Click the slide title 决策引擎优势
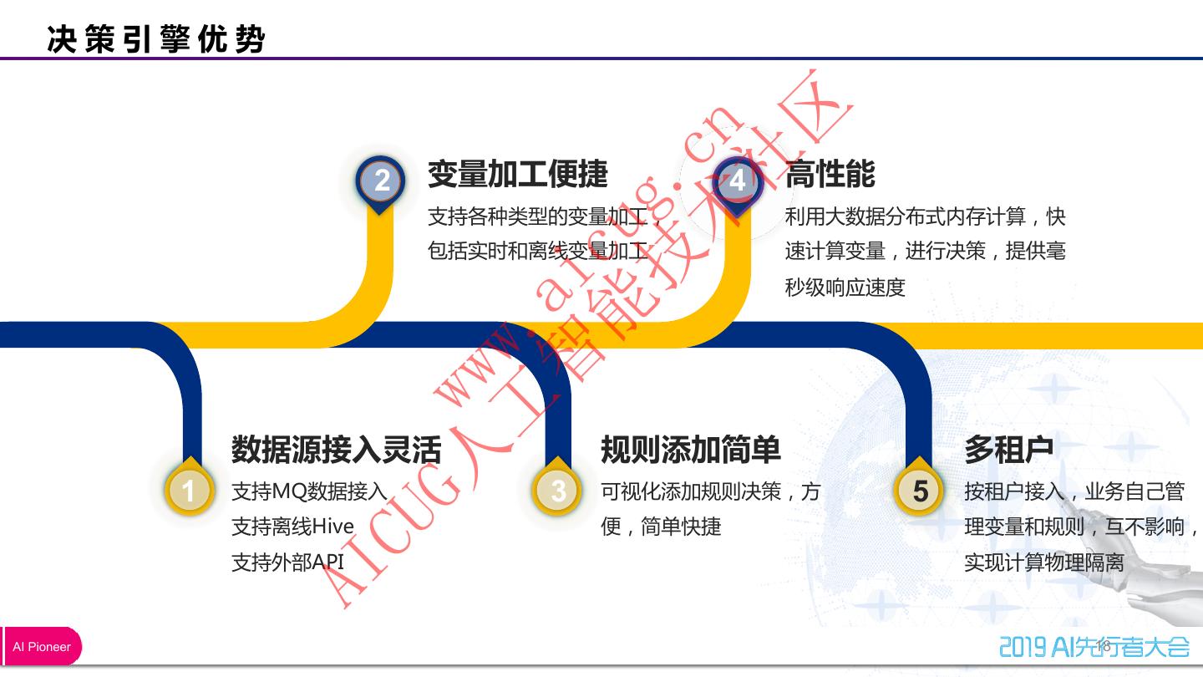click(156, 39)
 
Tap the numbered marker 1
click(189, 490)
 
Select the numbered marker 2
click(381, 181)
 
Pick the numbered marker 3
click(558, 490)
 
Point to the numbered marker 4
click(738, 181)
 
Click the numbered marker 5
click(920, 491)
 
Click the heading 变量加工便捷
click(518, 174)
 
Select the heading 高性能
click(830, 174)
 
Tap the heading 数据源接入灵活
click(336, 450)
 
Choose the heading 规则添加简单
click(690, 450)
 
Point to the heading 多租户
click(1008, 450)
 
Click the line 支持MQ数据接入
click(309, 491)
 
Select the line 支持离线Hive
click(292, 527)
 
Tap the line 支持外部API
click(287, 562)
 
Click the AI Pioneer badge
click(42, 647)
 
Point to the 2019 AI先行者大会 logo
click(1094, 646)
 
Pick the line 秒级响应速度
click(845, 288)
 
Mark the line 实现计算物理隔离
click(1044, 562)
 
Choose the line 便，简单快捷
click(661, 527)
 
